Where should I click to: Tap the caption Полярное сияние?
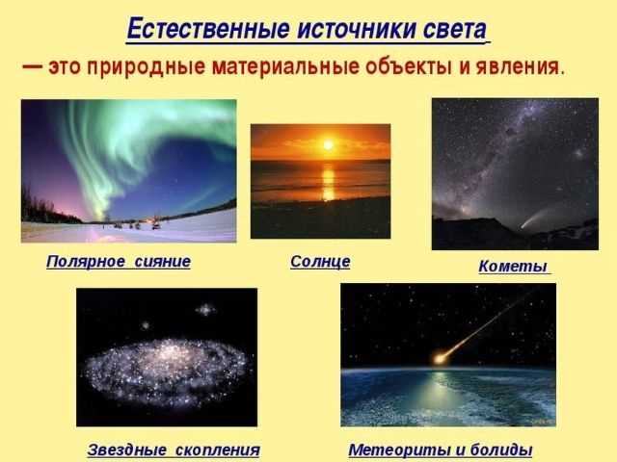pyautogui.click(x=118, y=261)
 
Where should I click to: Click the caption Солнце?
pyautogui.click(x=320, y=261)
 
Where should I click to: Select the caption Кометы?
pyautogui.click(x=513, y=267)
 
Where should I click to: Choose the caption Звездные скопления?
pyautogui.click(x=174, y=449)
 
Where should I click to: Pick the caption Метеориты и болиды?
pyautogui.click(x=440, y=449)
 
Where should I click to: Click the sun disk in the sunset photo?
pyautogui.click(x=327, y=145)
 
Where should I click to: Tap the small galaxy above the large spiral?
pyautogui.click(x=203, y=310)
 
